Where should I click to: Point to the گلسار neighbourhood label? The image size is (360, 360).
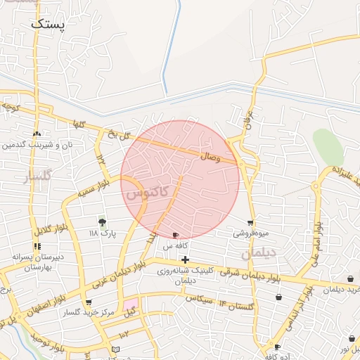[x=38, y=176]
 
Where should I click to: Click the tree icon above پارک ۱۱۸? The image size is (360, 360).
[x=103, y=223]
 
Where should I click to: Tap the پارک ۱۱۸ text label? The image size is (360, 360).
[x=102, y=233]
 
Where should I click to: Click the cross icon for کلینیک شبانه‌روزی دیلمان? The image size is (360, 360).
[x=185, y=260]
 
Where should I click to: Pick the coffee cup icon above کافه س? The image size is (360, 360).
[x=175, y=235]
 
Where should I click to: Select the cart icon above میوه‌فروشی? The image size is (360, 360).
[x=251, y=223]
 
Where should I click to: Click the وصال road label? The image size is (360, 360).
[x=212, y=157]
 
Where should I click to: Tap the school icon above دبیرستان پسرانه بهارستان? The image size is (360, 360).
[x=37, y=247]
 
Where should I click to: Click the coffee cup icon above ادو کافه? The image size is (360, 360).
[x=278, y=347]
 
